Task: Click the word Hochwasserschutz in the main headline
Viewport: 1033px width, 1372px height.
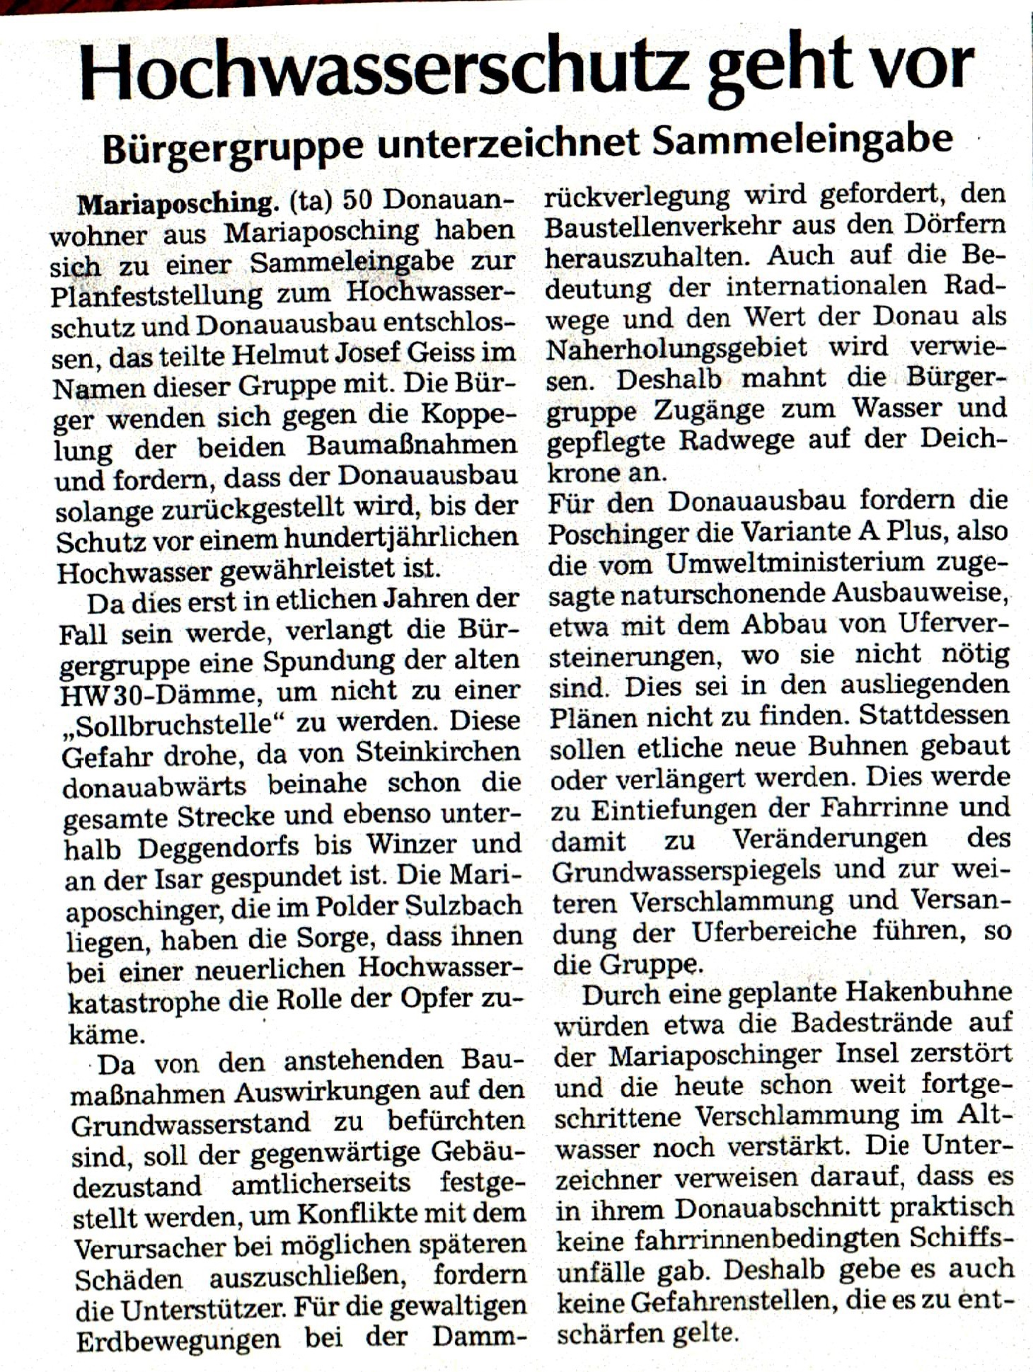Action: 383,71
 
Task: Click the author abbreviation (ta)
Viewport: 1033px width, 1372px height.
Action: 311,202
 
